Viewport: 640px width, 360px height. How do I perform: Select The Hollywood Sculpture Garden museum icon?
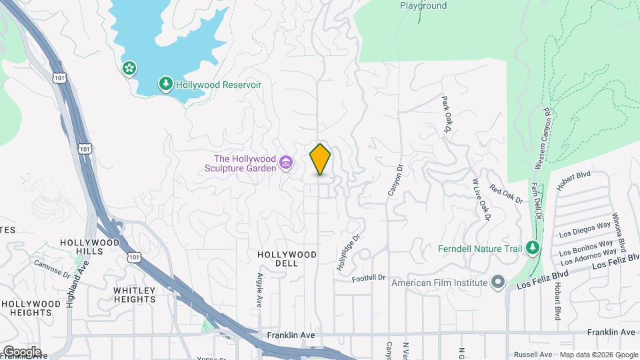pyautogui.click(x=287, y=163)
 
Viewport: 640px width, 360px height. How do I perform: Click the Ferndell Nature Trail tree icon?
pyautogui.click(x=531, y=248)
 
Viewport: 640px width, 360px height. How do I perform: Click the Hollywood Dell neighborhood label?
pyautogui.click(x=287, y=255)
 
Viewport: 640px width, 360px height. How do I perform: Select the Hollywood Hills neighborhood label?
pyautogui.click(x=90, y=247)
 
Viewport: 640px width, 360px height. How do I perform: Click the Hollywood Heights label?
pyautogui.click(x=27, y=308)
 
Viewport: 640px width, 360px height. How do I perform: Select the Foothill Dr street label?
pyautogui.click(x=369, y=277)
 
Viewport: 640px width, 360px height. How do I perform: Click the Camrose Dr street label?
pyautogui.click(x=53, y=268)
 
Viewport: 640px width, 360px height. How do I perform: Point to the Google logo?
pyautogui.click(x=22, y=352)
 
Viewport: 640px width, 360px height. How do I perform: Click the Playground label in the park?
pyautogui.click(x=423, y=6)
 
